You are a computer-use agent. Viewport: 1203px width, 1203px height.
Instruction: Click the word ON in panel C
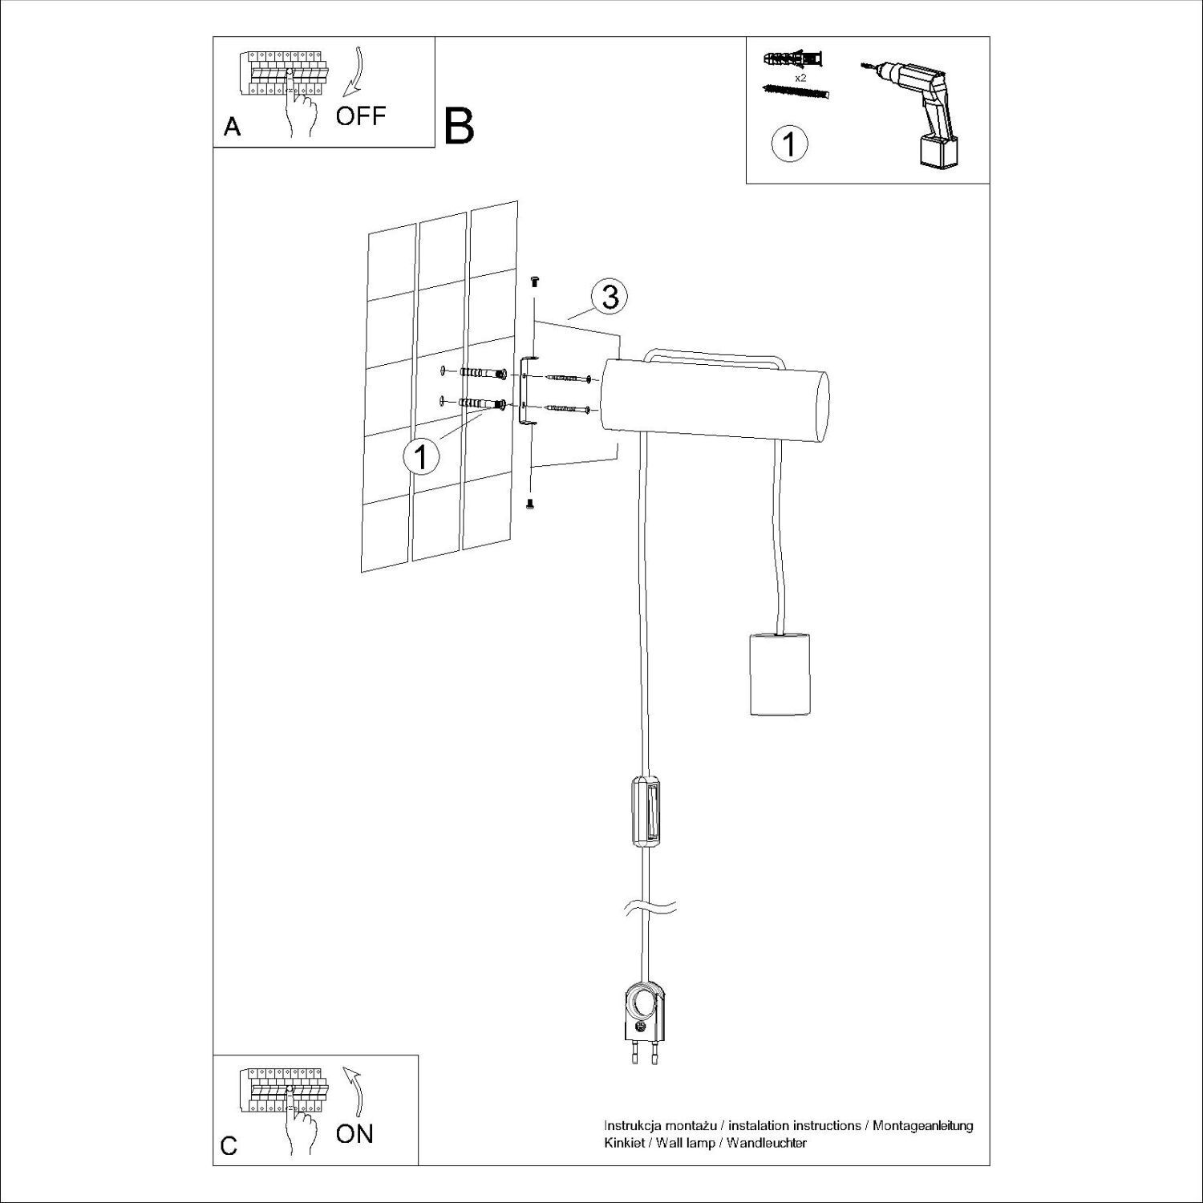(354, 1133)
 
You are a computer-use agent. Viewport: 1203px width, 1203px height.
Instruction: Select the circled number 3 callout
(610, 298)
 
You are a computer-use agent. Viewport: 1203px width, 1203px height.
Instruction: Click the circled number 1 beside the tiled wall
(420, 457)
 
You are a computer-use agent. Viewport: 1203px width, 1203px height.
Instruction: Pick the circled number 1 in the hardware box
(788, 144)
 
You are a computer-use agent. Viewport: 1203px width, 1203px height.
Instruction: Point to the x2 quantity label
(800, 79)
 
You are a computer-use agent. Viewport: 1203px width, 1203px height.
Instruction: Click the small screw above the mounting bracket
(535, 281)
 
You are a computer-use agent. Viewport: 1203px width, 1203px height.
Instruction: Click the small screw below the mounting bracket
(529, 504)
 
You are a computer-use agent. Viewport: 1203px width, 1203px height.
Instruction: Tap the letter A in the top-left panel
(232, 128)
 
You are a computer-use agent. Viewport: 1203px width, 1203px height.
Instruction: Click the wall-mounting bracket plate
(525, 391)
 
